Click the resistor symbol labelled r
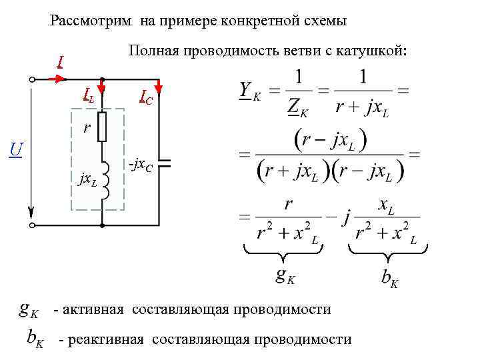pyautogui.click(x=102, y=127)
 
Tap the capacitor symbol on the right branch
pyautogui.click(x=160, y=162)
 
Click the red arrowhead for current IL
pyautogui.click(x=102, y=87)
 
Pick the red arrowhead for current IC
pyautogui.click(x=160, y=87)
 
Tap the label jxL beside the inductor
pyautogui.click(x=88, y=179)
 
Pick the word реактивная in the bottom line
pyautogui.click(x=110, y=339)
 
